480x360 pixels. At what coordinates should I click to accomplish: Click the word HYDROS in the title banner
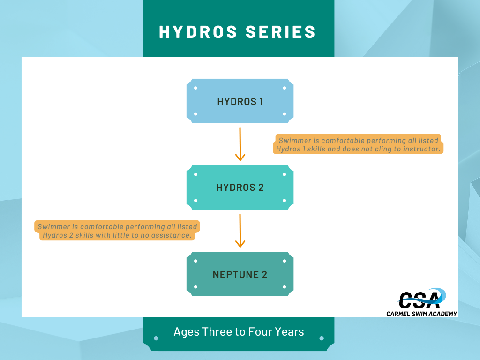coord(198,32)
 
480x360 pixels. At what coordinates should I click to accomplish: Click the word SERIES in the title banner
coord(280,32)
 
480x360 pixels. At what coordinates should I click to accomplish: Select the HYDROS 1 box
coord(240,101)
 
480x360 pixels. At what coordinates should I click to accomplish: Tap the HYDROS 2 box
coord(240,187)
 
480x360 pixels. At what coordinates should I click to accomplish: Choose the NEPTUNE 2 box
coord(240,274)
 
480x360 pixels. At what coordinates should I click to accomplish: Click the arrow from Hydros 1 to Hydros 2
coord(240,144)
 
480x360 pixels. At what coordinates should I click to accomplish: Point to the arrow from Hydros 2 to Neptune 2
coord(240,231)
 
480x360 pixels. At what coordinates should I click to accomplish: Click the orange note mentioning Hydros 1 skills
coord(358,144)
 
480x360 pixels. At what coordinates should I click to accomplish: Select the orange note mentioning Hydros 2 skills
coord(117,231)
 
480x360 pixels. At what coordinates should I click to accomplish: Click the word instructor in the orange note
coord(421,149)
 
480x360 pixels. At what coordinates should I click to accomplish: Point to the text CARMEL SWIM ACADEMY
coord(421,314)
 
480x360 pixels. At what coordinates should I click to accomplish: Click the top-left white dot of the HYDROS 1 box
coord(195,88)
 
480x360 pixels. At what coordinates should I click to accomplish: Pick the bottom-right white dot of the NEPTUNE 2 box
coord(285,287)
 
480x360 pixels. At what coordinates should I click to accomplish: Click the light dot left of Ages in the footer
coord(156,338)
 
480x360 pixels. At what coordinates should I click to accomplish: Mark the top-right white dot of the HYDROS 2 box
coord(285,174)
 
